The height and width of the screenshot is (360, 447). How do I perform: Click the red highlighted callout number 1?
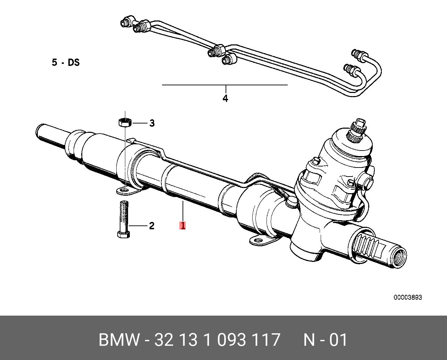click(x=183, y=225)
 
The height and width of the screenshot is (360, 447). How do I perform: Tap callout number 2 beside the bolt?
click(x=151, y=226)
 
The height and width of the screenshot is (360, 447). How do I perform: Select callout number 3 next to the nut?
click(x=152, y=123)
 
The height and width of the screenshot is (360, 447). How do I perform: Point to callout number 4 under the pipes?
click(x=225, y=98)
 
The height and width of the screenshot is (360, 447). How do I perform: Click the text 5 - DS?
click(x=66, y=63)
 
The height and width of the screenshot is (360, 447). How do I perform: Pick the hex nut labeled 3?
click(x=124, y=122)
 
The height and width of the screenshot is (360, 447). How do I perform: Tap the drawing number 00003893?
click(x=407, y=298)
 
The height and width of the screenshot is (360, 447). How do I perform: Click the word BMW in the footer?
click(x=119, y=340)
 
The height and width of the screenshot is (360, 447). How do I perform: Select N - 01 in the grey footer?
click(x=325, y=340)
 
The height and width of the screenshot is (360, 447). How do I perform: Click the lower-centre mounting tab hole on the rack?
click(x=257, y=240)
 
